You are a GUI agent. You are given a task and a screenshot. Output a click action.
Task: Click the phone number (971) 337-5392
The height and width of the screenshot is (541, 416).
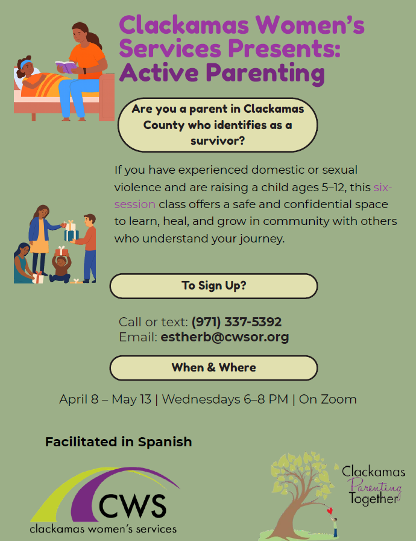236,322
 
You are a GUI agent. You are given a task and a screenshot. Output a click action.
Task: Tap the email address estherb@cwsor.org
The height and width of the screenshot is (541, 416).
224,337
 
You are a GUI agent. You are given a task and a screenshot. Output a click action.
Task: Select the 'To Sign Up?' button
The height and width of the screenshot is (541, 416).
213,286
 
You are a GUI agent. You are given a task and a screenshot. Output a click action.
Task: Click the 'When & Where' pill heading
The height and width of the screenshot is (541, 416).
213,368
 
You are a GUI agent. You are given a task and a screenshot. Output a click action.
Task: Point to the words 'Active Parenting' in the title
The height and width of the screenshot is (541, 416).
222,73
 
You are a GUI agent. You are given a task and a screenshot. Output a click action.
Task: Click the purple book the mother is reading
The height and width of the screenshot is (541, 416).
66,66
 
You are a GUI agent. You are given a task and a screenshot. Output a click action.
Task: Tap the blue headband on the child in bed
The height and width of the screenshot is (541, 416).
25,64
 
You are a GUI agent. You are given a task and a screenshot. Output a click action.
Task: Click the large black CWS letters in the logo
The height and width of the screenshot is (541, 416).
133,507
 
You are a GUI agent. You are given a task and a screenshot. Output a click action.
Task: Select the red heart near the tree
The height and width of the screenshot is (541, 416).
330,510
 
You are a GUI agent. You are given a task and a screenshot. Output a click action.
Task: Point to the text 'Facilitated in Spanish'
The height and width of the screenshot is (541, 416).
118,442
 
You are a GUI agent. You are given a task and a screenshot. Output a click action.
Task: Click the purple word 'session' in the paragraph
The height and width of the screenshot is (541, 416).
135,204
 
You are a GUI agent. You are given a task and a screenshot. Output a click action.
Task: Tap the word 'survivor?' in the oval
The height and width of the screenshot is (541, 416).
218,141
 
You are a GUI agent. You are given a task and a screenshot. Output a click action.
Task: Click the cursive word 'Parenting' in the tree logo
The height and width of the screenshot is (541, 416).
374,487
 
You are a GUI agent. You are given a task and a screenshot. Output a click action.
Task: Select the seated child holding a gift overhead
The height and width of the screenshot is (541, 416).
61,265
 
